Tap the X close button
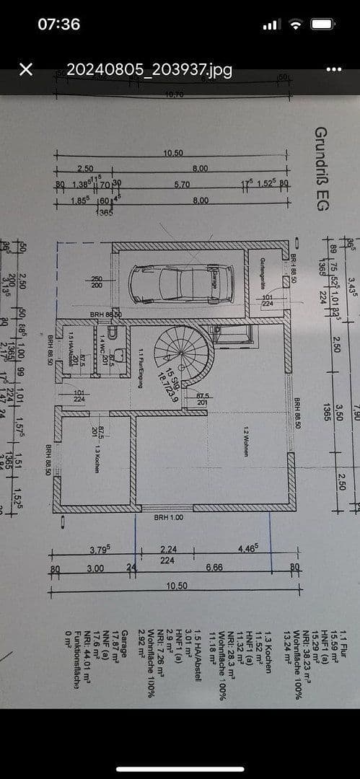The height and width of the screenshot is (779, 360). tap(26, 69)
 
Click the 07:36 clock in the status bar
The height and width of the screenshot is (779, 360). tap(59, 24)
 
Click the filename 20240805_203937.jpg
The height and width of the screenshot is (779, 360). tap(149, 69)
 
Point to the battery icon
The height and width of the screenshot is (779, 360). tap(323, 24)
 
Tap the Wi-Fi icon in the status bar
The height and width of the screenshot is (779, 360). tap(295, 24)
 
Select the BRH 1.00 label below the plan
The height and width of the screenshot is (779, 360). tap(168, 517)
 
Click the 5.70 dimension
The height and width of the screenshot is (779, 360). tap(182, 185)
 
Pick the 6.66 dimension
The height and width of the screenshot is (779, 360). tap(214, 568)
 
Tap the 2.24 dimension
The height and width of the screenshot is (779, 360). tap(168, 550)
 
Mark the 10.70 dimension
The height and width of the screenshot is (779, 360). tap(172, 94)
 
